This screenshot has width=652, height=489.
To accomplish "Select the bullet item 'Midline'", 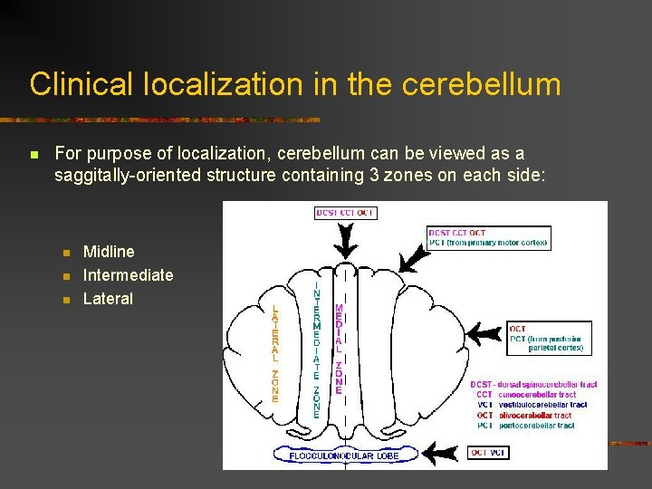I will (109, 252).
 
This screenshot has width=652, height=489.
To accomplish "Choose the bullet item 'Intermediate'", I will (128, 275).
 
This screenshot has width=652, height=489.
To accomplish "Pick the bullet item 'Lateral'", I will (108, 299).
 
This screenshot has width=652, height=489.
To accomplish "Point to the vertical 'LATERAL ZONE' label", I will (275, 354).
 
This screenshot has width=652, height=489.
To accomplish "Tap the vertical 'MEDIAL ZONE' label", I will (339, 349).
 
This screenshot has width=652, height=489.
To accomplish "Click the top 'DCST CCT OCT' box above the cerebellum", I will (345, 213).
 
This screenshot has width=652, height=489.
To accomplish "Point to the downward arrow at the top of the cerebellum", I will (345, 241).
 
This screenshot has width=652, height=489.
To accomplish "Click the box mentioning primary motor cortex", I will (488, 238).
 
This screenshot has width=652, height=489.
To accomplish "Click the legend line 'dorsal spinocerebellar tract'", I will (546, 385).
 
